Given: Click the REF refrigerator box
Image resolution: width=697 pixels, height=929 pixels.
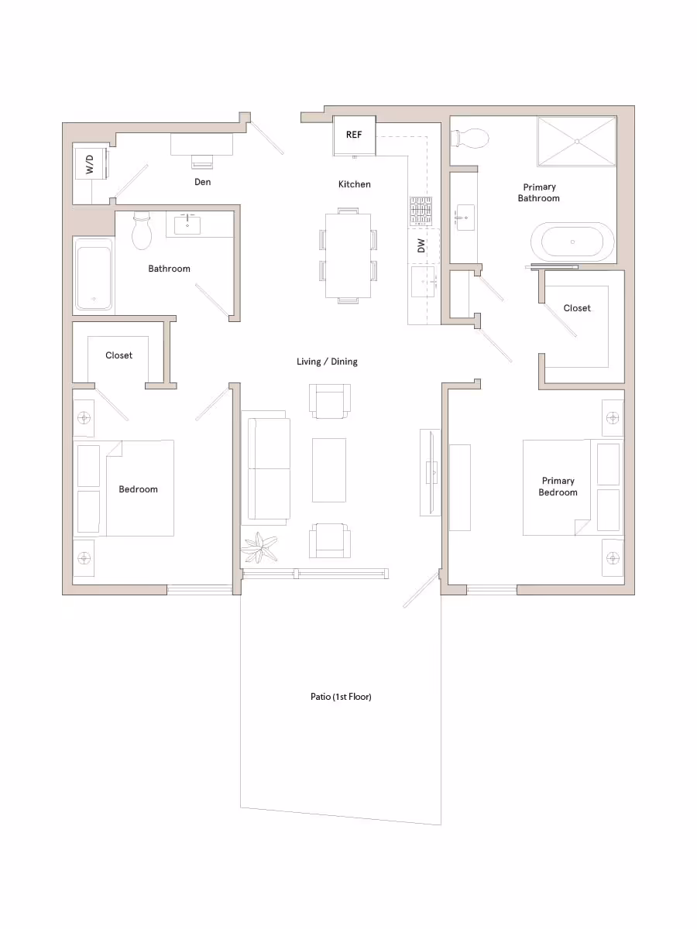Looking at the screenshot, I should pos(354,135).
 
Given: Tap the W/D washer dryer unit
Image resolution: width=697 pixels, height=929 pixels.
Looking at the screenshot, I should pos(90,163).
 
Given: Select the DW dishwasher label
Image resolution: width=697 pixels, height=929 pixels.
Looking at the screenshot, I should pos(421,246).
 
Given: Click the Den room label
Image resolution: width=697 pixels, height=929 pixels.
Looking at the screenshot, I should pos(203,182).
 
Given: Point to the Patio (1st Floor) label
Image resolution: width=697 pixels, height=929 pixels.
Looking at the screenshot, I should pos(341,697).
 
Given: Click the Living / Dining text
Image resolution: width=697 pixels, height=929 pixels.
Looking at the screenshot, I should pos(327,362).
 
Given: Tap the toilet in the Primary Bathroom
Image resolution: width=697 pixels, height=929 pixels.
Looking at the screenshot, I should pos(470,139).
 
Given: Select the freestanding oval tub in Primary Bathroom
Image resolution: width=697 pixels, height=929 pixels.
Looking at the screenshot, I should pos(572,242).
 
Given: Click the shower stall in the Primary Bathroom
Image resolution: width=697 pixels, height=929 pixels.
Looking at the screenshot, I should pos(577,141).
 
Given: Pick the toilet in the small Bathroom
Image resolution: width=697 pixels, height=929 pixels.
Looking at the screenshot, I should pos(142,231).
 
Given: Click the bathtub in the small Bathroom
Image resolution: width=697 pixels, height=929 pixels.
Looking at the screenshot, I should pos(93,273).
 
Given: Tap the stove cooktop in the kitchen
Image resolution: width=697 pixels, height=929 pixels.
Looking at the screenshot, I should pos(421,210).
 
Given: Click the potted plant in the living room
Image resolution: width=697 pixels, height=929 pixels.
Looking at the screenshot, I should pos(259,548).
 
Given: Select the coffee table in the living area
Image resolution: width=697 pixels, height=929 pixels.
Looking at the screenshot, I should pos(329,470).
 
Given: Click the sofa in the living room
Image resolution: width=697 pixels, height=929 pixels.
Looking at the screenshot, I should pos(268,469).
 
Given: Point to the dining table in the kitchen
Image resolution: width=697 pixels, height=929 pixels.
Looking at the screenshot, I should pos(348,255).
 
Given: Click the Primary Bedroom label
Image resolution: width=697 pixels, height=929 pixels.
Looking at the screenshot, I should pos(558,486).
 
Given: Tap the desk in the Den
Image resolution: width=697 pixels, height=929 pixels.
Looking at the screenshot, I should pos(201,144).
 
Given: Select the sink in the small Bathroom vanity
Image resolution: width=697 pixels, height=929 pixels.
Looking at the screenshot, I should pos(187,225).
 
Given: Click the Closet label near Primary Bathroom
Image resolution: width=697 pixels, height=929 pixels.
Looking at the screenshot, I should pos(576,308).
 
